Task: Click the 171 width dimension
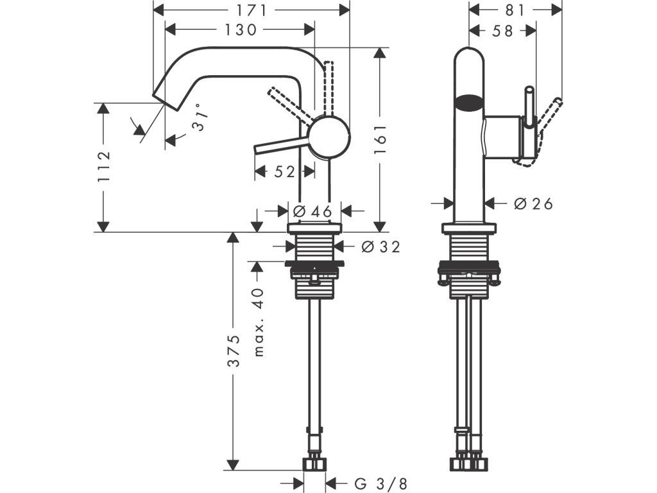click(x=252, y=10)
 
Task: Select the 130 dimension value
click(x=241, y=30)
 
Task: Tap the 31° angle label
click(x=200, y=117)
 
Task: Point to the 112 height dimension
click(x=103, y=166)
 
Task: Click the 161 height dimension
click(x=380, y=139)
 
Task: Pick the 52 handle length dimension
click(x=284, y=171)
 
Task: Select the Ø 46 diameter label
click(x=312, y=211)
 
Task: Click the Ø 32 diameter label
click(x=381, y=247)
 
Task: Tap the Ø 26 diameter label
click(x=533, y=203)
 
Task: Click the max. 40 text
click(x=259, y=322)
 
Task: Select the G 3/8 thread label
click(x=380, y=484)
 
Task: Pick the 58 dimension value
click(x=502, y=31)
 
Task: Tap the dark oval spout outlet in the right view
click(x=469, y=102)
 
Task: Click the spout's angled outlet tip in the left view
click(x=166, y=100)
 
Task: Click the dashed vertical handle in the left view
click(x=328, y=88)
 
